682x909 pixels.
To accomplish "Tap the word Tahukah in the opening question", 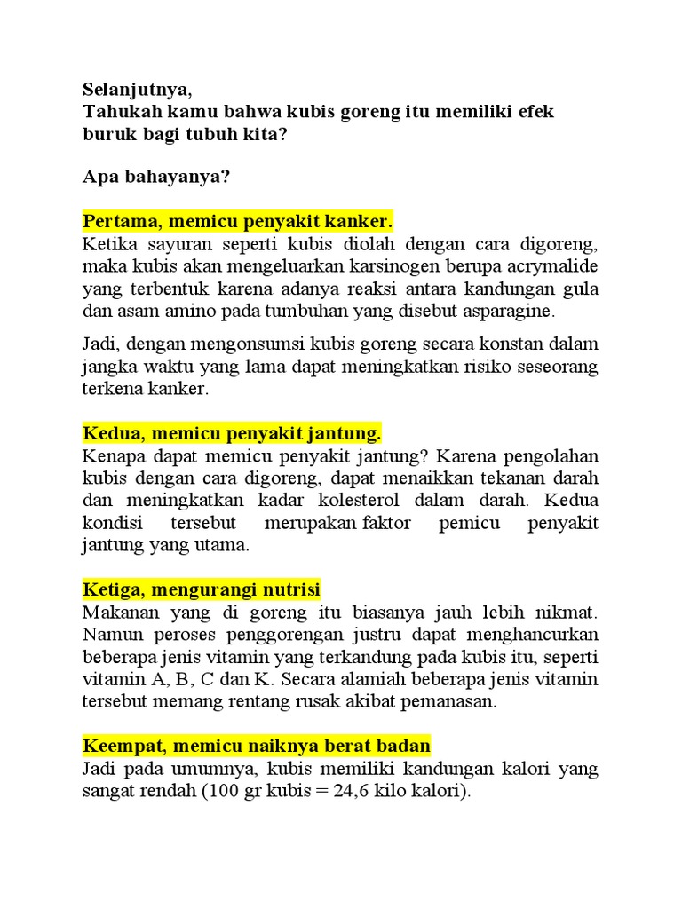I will pyautogui.click(x=115, y=113).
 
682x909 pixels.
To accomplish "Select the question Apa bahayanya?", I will pyautogui.click(x=156, y=177).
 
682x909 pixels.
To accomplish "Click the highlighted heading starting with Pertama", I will pyautogui.click(x=237, y=220).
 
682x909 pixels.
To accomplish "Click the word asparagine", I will pyautogui.click(x=506, y=312).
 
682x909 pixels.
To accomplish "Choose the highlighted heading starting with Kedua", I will pyautogui.click(x=232, y=433).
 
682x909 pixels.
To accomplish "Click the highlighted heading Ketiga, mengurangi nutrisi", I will pyautogui.click(x=202, y=589).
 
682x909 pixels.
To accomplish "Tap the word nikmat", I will pyautogui.click(x=569, y=613).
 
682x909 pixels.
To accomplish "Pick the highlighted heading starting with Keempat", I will pyautogui.click(x=257, y=746).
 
